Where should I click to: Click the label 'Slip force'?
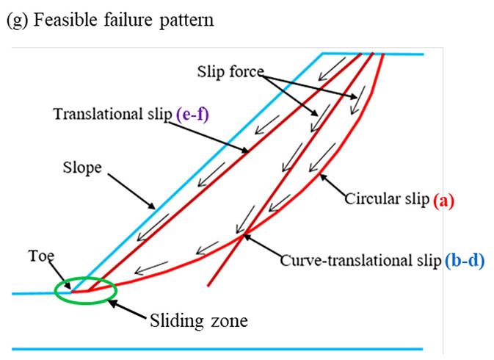[230, 72]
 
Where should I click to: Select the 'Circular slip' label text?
[385, 200]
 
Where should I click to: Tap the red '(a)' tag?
[443, 200]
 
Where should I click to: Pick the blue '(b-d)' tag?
[465, 260]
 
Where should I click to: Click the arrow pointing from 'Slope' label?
[132, 192]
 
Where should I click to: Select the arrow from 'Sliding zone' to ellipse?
[129, 307]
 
